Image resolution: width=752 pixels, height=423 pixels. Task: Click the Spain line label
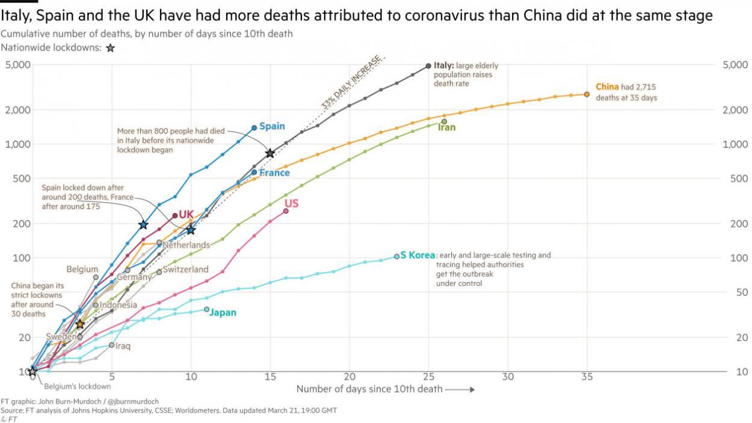[x=272, y=126]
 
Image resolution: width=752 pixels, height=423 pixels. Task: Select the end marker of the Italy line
[x=428, y=66]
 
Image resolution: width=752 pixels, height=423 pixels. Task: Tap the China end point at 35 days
[x=587, y=94]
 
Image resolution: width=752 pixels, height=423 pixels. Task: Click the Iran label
[x=446, y=128]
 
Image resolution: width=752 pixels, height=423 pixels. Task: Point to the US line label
[x=291, y=204]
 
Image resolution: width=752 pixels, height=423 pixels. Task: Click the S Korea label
[x=418, y=255]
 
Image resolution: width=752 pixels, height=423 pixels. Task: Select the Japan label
[x=223, y=313]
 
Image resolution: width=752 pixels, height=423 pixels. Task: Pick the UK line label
[x=186, y=215]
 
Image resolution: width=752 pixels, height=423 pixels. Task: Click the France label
[x=274, y=173]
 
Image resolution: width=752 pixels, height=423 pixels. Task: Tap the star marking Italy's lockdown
[x=270, y=153]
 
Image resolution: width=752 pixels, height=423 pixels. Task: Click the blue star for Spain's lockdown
[x=143, y=224]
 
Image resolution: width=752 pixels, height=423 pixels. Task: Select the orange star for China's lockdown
[x=80, y=324]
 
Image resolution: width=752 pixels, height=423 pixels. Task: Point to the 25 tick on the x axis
[x=428, y=377]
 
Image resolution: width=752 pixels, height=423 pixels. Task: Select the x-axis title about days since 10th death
[x=369, y=389]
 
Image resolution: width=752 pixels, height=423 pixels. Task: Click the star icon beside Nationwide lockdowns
[x=110, y=48]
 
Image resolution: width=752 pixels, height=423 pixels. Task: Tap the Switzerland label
[x=186, y=270]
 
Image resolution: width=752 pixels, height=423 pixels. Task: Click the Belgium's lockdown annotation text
[x=77, y=386]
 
